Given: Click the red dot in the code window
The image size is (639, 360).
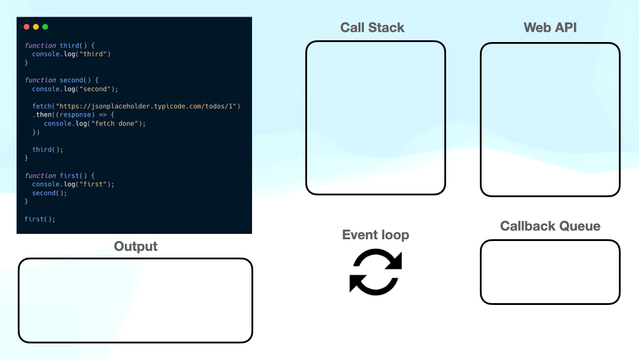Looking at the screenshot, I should [26, 27].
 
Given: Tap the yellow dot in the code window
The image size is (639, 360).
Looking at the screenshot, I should [35, 27].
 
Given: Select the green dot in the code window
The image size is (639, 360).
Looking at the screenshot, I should [45, 27].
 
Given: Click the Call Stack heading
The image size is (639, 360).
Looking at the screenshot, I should [372, 28].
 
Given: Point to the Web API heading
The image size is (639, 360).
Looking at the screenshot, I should [550, 28].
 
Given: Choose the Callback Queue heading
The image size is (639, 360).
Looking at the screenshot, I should [550, 226].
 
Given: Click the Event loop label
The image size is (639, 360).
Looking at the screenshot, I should [375, 235].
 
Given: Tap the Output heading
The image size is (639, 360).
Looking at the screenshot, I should [135, 247].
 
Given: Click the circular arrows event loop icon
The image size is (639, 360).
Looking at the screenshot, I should [376, 271].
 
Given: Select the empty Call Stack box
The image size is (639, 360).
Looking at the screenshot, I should [375, 118].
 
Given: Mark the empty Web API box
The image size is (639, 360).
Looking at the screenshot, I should [550, 119].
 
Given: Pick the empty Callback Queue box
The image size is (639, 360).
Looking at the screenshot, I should [550, 272].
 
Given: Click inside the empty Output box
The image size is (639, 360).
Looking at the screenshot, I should [135, 300].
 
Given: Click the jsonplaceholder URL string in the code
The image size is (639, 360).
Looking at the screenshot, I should [144, 106].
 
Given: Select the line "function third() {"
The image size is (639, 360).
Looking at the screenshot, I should [59, 46].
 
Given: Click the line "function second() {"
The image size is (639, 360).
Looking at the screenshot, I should [62, 80].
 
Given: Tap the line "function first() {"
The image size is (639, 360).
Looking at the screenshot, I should [59, 176].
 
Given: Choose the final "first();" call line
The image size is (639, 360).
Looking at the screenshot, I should [40, 219].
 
